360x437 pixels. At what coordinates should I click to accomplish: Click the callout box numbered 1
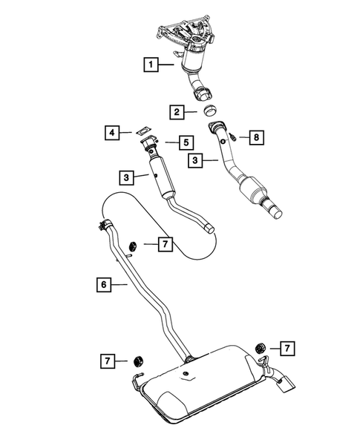[151, 66]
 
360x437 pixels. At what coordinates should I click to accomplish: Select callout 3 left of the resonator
[128, 177]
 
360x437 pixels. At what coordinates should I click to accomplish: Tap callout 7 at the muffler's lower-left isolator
[110, 361]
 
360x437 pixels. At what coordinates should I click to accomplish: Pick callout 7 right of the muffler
[287, 346]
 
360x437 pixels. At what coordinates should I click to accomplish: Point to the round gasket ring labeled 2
[209, 111]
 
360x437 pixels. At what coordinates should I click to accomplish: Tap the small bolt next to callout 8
[232, 137]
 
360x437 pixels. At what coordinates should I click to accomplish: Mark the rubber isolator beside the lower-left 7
[137, 362]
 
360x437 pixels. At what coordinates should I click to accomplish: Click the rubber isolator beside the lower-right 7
[260, 346]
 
